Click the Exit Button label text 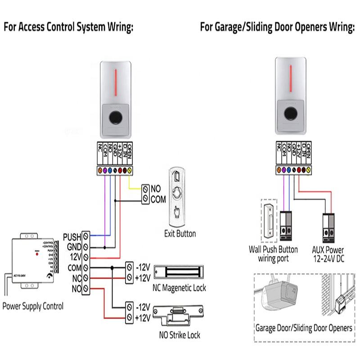coord(180,234)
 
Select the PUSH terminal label coord(72,236)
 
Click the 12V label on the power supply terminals coord(74,257)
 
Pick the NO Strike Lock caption coord(180,335)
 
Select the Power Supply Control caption coord(33,306)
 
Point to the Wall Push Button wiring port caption coord(273,254)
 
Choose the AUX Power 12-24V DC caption coord(328,254)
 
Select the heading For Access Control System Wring coord(69,27)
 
